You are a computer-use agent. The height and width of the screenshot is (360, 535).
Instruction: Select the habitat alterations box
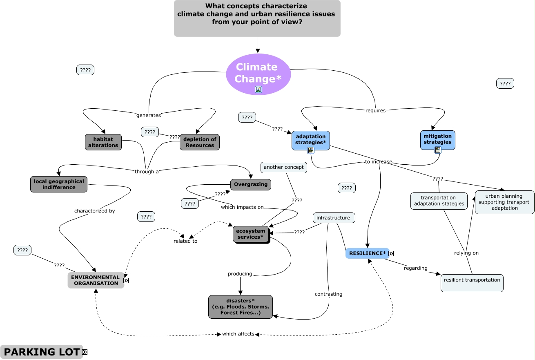[x=103, y=142]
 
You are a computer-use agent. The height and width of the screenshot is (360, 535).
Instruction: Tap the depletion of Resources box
[x=200, y=142]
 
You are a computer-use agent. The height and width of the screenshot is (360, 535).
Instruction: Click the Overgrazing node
[x=251, y=184]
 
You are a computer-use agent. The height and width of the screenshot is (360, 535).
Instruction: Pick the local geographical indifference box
[x=59, y=184]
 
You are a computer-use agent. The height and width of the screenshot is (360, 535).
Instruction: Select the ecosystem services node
[x=251, y=234]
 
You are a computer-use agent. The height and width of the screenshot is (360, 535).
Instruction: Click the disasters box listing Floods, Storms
[x=240, y=307]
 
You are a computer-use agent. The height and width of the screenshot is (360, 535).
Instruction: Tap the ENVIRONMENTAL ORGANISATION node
[x=96, y=280]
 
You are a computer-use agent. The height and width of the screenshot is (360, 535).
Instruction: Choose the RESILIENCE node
[x=367, y=253]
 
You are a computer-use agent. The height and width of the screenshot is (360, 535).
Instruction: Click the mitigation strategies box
[x=437, y=139]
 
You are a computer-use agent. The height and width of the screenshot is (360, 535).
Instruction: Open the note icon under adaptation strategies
[x=311, y=150]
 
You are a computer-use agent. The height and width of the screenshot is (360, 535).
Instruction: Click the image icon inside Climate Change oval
[x=258, y=89]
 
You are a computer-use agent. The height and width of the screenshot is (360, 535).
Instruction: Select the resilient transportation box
[x=472, y=283]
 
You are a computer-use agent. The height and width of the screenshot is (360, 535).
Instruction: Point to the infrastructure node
[x=334, y=218]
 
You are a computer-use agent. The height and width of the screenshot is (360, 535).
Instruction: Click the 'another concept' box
[x=283, y=167]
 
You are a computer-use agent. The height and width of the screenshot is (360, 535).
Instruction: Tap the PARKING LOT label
[x=41, y=352]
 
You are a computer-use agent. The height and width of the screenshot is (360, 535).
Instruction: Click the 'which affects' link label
[x=238, y=334]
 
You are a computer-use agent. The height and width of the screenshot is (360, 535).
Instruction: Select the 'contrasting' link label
[x=328, y=294]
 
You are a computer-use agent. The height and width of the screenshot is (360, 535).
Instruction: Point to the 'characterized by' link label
[x=94, y=211]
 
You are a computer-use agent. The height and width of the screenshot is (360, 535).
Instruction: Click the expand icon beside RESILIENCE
[x=391, y=253]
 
